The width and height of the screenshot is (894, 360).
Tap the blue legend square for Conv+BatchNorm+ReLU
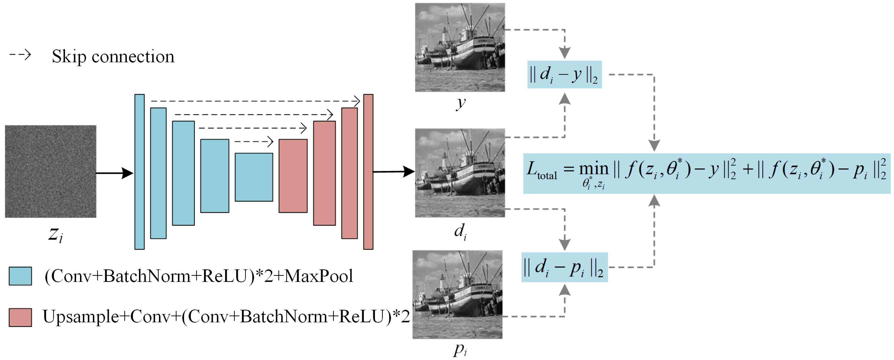pos(21,276)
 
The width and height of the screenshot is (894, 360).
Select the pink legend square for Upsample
pos(21,317)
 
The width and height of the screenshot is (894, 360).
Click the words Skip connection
pos(113,57)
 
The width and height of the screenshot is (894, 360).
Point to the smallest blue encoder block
pos(254,177)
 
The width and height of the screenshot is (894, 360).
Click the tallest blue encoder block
pos(140,172)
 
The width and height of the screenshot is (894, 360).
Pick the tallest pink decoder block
pos(368,172)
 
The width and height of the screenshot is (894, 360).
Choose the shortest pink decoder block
pos(293,176)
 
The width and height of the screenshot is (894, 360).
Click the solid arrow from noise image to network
pos(115,172)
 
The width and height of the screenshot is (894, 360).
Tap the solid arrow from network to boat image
pos(394,172)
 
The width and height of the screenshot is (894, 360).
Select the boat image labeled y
pos(460,47)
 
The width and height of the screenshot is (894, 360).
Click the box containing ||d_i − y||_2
pos(564,75)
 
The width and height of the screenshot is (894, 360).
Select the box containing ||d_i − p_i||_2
pos(564,267)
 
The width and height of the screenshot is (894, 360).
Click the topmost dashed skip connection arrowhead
pos(357,101)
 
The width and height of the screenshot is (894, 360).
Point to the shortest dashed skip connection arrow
pos(254,141)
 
